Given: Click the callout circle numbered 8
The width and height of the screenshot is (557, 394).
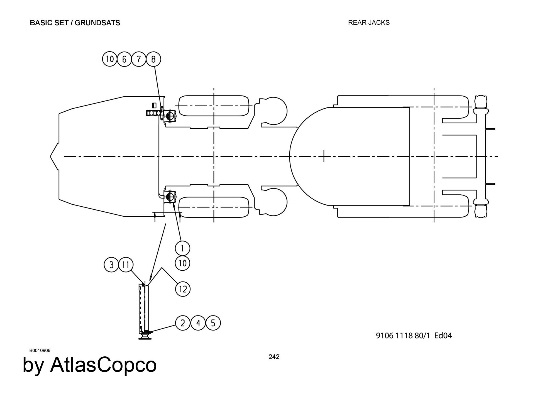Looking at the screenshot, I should (x=153, y=59).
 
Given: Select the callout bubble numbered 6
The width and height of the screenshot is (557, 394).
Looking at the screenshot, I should (x=124, y=59).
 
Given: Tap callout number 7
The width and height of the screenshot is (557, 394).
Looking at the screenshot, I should (x=139, y=59).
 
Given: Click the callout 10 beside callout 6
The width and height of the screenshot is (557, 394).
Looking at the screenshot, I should (x=110, y=59).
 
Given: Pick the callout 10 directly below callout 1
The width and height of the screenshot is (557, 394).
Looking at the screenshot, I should (x=182, y=263).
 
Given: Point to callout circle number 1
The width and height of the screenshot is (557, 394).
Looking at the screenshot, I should (x=182, y=248).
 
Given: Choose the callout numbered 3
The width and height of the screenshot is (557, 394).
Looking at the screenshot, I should (x=111, y=265).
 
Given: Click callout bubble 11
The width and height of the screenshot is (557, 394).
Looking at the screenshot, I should (x=126, y=265).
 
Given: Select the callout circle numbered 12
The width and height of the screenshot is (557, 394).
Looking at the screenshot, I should (x=183, y=289).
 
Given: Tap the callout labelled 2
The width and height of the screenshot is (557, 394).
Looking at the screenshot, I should (x=183, y=323).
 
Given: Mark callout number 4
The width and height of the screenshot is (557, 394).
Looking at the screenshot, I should (x=198, y=323).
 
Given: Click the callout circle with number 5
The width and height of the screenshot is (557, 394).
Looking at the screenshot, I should (x=213, y=323).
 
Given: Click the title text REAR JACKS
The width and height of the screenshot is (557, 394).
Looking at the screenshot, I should (x=369, y=23).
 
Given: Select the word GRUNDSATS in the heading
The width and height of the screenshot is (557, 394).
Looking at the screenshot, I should (x=97, y=23).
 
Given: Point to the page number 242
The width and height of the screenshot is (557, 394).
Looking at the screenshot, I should (x=274, y=357).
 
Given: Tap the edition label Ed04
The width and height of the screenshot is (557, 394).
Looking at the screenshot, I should (x=443, y=336).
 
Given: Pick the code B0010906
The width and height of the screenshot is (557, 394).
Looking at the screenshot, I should (x=40, y=350).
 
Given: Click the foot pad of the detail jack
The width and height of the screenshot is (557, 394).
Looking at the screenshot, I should (x=145, y=338).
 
